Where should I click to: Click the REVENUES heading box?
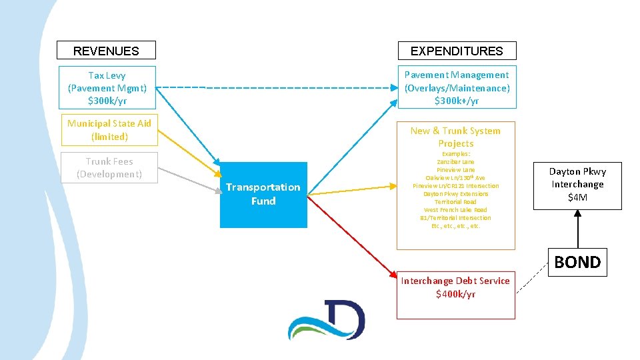pos(106,51)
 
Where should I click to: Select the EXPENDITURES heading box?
pos(457,51)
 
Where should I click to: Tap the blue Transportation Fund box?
pos(263,195)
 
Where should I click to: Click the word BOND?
pos(577,262)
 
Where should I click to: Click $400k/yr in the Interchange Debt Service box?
pos(456,294)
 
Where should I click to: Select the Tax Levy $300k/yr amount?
pos(107,101)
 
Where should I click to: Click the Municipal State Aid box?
pos(109,130)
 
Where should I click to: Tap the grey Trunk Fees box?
pos(109,168)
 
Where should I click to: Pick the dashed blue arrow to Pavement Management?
pos(280,87)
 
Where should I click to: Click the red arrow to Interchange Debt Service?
pos(353,236)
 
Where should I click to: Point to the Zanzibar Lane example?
pos(455,162)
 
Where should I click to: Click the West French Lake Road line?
pos(455,210)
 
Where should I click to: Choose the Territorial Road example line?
pos(455,202)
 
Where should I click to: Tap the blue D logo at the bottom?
pos(327,319)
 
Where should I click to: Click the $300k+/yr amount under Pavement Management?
pos(457,101)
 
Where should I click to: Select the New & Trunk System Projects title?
pos(456,137)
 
